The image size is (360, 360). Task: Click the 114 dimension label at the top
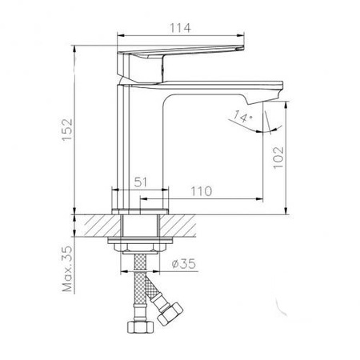coord(181,28)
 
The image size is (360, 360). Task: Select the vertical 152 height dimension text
coord(67,130)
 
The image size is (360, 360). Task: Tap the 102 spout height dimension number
coord(278,158)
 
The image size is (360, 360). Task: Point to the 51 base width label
coord(140,182)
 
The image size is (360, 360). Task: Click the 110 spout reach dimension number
coord(202,191)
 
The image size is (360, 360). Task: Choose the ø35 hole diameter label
coord(184,264)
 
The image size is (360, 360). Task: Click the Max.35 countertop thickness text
coord(67,269)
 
